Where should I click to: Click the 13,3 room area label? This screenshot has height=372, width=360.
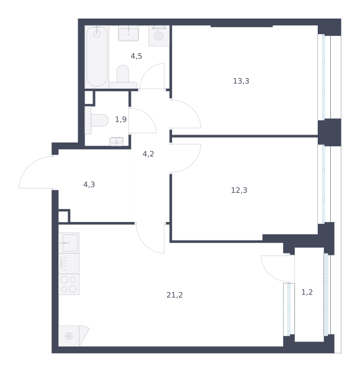241,81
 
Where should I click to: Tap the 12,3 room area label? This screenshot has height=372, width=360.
239,190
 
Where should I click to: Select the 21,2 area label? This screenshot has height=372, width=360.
174,295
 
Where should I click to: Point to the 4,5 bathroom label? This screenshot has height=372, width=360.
137,56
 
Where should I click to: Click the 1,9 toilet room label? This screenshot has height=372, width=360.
120,119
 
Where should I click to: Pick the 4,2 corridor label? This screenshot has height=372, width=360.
148,154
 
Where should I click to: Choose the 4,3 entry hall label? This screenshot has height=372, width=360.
89,184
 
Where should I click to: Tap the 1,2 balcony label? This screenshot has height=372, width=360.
307,292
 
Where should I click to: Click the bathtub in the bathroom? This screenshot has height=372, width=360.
97,56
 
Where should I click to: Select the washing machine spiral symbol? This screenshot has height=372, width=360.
159,36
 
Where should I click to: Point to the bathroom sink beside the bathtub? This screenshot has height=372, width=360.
128,33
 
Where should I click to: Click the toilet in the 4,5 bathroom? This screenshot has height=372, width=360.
123,76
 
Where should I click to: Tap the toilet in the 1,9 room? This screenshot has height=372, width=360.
97,120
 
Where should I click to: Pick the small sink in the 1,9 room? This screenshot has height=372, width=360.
116,141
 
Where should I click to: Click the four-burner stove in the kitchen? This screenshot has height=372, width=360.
69,284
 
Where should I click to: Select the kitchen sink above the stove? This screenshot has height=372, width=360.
69,242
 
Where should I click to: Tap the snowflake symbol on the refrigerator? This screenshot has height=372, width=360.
69,336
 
